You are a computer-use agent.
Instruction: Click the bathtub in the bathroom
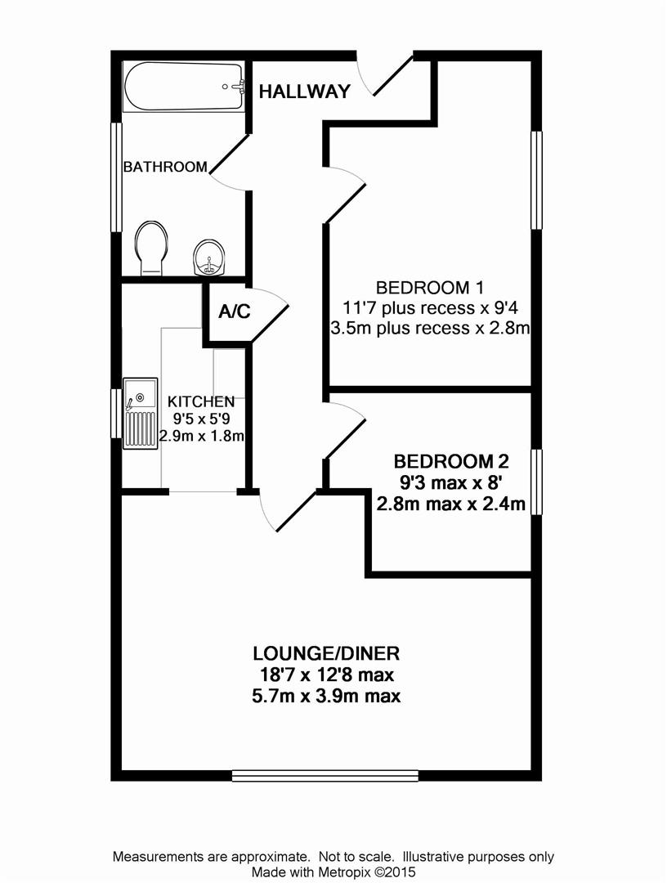[183, 87]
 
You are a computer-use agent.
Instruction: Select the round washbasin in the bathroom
[209, 258]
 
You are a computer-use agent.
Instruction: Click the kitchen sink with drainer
[140, 414]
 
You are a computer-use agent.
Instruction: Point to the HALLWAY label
[305, 92]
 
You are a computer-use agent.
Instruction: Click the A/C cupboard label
[234, 312]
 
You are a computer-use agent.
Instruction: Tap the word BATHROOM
[165, 167]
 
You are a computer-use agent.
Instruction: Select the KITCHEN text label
[201, 401]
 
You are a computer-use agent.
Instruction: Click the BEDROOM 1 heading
[430, 288]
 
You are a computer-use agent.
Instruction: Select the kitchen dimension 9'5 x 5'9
[201, 419]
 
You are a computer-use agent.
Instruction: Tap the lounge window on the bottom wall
[325, 774]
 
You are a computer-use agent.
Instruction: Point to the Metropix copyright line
[333, 872]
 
